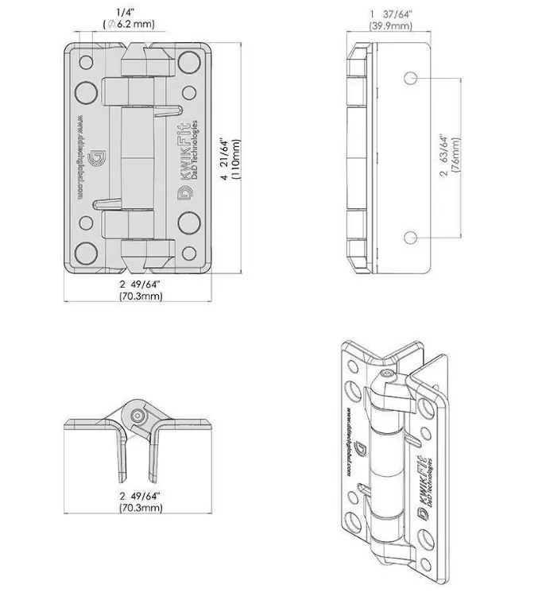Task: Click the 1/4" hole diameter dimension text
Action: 125,11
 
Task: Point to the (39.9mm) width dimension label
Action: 390,26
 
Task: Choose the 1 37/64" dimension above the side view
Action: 390,14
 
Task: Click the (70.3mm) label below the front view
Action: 141,296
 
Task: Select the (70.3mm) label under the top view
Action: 141,506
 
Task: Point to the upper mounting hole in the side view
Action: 410,78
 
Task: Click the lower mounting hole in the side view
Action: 410,238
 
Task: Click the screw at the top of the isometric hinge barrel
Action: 385,374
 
